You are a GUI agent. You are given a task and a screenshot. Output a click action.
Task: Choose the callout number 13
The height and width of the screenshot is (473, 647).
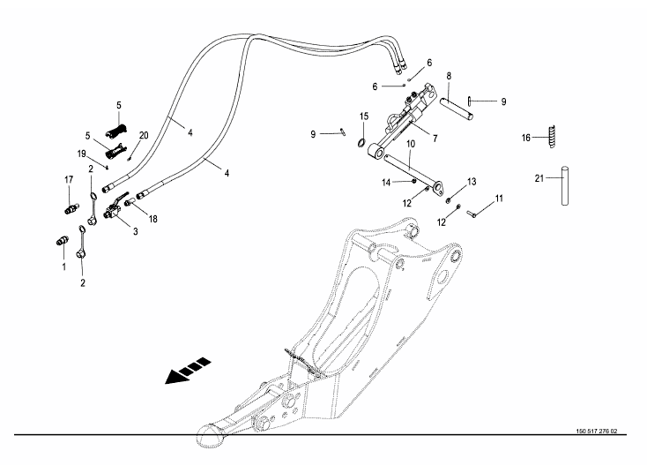click(x=472, y=181)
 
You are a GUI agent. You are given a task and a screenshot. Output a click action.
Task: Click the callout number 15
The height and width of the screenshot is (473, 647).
click(x=363, y=116)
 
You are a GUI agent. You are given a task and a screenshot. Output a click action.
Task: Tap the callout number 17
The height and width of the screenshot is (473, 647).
click(x=67, y=179)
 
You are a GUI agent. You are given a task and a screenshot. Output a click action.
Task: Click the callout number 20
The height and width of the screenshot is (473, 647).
click(x=144, y=135)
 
